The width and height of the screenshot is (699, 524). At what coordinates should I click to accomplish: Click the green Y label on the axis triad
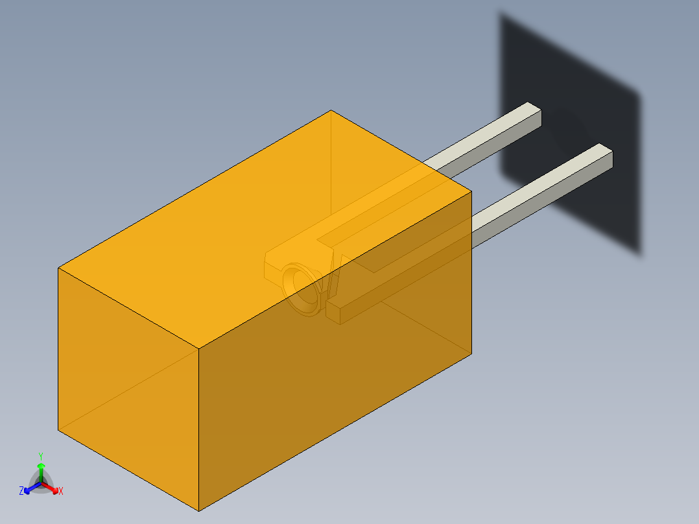pyautogui.click(x=40, y=456)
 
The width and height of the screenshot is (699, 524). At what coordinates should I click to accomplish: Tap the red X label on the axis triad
pyautogui.click(x=61, y=491)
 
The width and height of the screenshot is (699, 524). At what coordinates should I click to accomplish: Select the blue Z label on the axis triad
pyautogui.click(x=21, y=491)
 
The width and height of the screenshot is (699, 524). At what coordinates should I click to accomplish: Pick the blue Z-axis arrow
pyautogui.click(x=29, y=487)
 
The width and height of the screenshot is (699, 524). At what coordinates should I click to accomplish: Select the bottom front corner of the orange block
pyautogui.click(x=198, y=510)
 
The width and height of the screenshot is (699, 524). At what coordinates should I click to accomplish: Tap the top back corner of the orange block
pyautogui.click(x=331, y=111)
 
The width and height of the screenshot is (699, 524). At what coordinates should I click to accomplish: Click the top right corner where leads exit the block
pyautogui.click(x=471, y=192)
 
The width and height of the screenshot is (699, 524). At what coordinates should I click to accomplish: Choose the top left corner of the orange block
pyautogui.click(x=59, y=268)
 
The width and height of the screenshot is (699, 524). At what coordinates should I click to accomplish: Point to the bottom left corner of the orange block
pyautogui.click(x=59, y=429)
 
